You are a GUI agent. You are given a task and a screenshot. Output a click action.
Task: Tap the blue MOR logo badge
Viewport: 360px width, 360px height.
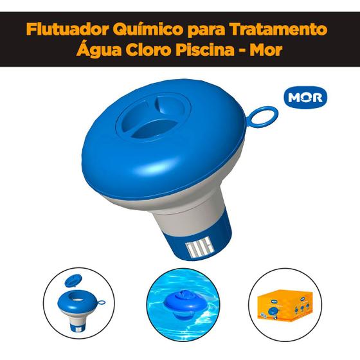click(305, 97)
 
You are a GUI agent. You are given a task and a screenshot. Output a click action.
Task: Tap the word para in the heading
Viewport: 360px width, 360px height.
click(208, 30)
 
